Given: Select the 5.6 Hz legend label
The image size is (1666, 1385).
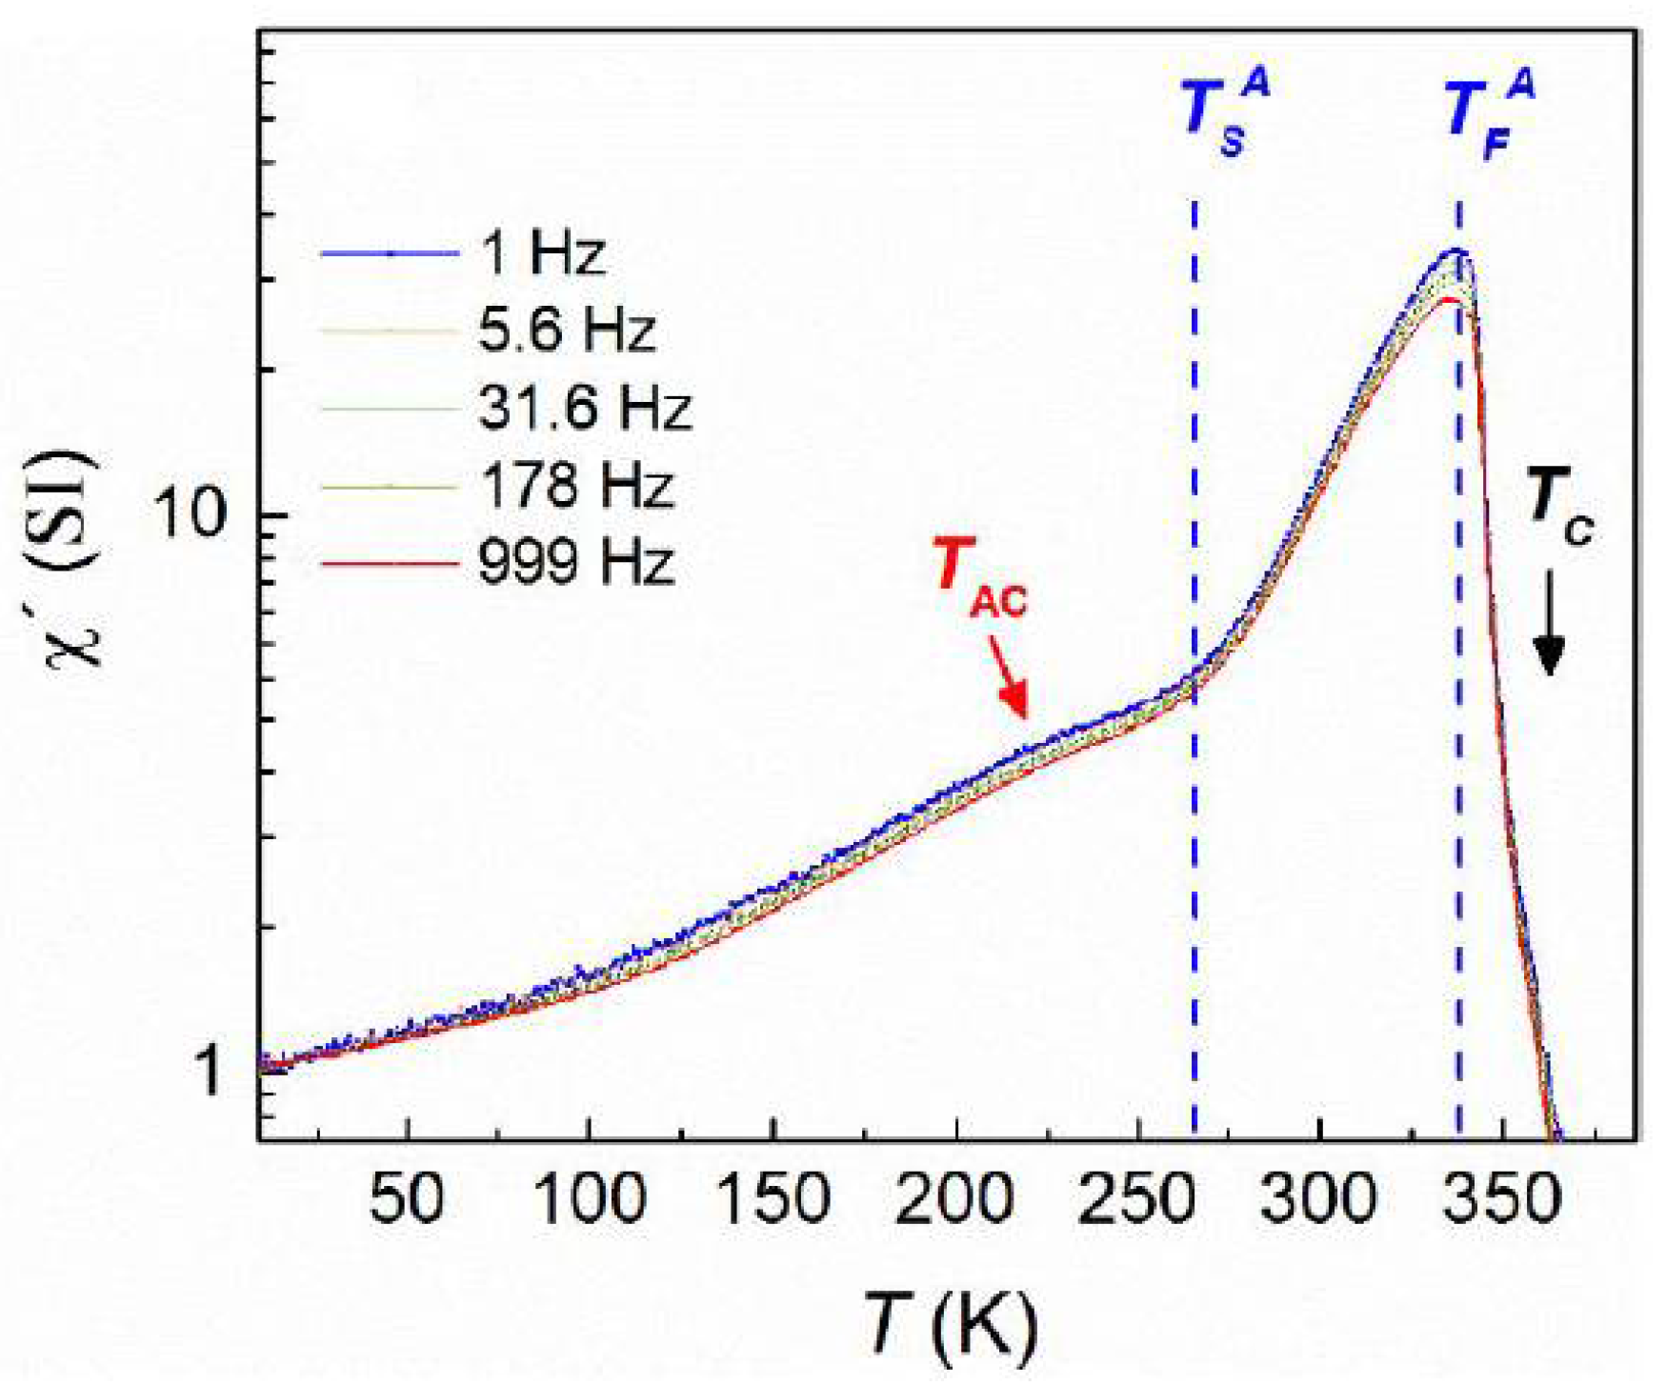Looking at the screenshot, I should point(567,331).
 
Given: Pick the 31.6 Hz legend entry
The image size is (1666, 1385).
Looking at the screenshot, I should point(584,408).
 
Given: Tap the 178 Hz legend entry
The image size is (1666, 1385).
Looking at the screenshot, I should point(575,485).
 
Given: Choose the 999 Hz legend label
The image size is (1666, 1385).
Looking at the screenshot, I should point(575,561).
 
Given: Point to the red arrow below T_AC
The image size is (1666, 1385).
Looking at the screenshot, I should point(1009,677).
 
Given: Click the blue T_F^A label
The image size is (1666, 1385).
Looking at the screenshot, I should point(1490,114).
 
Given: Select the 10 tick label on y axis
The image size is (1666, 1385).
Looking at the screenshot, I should point(193,514).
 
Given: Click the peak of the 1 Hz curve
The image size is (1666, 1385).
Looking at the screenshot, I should point(1455,251).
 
